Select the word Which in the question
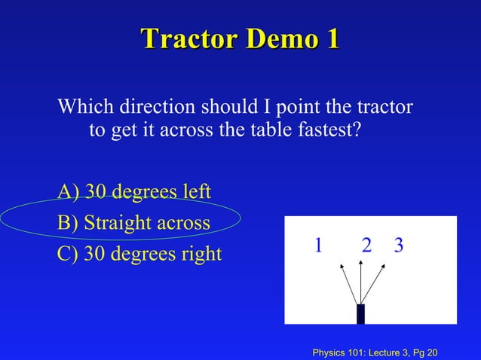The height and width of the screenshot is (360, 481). click(82, 107)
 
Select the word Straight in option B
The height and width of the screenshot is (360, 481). click(115, 224)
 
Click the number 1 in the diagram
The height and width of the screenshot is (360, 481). click(319, 245)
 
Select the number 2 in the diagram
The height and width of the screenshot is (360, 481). click(366, 245)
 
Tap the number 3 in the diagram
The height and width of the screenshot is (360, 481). click(398, 245)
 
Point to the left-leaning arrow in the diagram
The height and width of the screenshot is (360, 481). click(349, 282)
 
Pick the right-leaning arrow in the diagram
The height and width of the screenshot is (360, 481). click(375, 282)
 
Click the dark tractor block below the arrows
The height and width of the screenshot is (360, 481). click(360, 313)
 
